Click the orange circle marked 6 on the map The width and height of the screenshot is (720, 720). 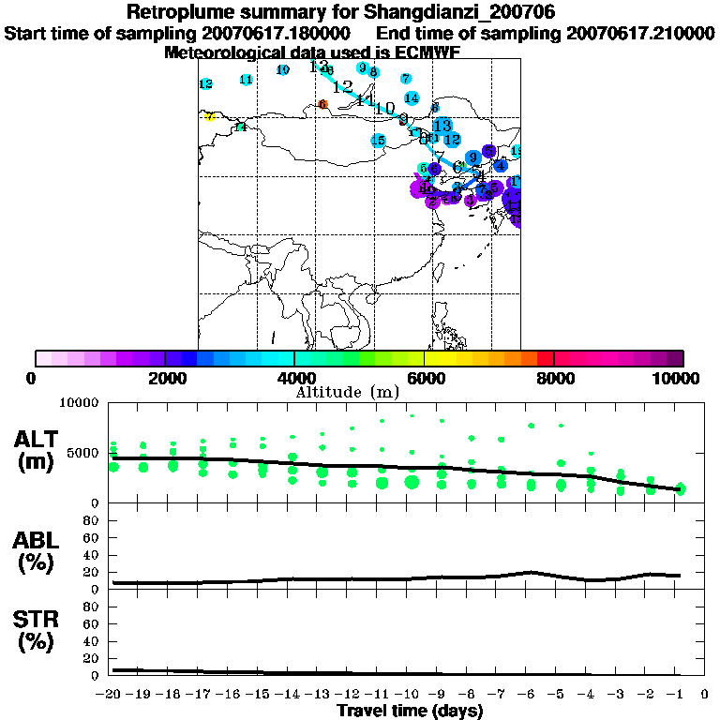(322, 105)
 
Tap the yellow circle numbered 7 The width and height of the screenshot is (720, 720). (210, 117)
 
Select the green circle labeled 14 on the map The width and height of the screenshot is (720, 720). (241, 127)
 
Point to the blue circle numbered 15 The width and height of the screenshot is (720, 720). (378, 141)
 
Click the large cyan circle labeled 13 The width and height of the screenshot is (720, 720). (442, 126)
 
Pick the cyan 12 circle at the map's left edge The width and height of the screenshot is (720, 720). (206, 84)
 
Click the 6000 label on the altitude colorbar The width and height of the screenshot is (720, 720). (424, 378)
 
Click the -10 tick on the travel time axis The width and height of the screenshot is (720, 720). (411, 694)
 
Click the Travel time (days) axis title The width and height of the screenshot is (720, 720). (410, 711)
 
